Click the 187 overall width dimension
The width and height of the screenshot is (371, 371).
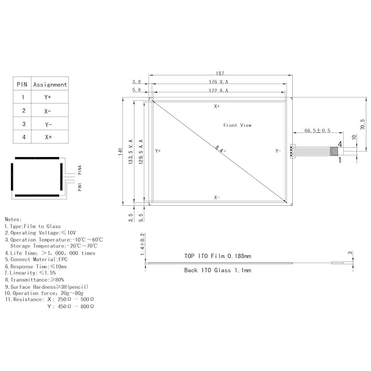coord(220,74)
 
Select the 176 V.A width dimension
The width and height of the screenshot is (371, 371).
coord(219,82)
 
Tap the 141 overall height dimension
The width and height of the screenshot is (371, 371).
coord(121,152)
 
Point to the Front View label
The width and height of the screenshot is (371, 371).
coord(237,125)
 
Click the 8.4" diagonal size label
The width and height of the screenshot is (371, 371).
coord(220,149)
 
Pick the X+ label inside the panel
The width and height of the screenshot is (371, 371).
coord(217,106)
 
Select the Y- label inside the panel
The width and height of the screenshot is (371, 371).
coord(278,151)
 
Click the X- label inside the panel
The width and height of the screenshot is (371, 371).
coord(217,197)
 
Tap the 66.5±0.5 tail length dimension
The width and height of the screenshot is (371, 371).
coord(317,130)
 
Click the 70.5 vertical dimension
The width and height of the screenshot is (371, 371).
coord(363,124)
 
